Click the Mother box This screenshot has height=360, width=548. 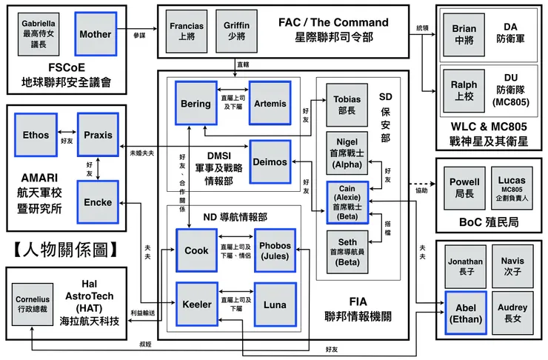point(96,34)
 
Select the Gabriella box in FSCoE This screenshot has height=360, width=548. point(39,34)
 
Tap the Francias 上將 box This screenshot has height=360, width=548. point(186,30)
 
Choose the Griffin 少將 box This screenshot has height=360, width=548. point(236,30)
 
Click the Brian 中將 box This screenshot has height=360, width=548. point(464,34)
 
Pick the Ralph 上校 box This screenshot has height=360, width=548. point(464,90)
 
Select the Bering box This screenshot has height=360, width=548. point(196,104)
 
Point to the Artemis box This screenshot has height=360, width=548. point(270,104)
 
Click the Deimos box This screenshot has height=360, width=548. point(270,161)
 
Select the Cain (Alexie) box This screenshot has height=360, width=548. point(347,202)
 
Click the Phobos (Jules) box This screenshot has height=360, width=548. point(275,250)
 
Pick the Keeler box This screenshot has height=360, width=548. point(196,304)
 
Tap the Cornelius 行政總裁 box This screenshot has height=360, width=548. point(32,304)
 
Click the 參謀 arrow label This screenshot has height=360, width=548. point(140,35)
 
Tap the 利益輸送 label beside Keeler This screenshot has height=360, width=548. point(143,313)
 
